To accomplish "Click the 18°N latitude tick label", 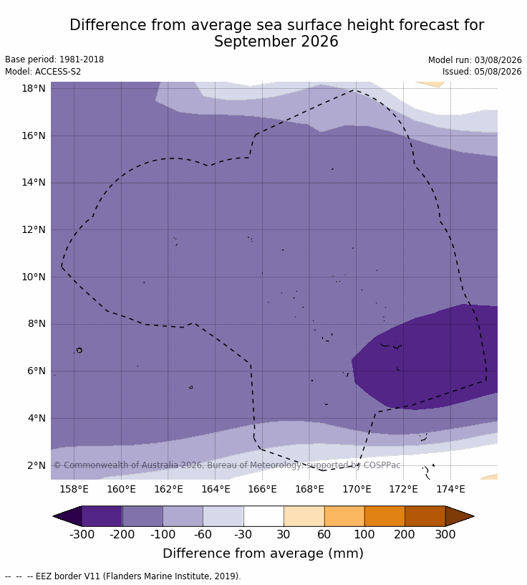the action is coord(34,88).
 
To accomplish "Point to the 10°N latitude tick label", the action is coord(34,277).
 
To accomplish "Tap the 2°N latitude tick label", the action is coord(37,465).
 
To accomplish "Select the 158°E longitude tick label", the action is coord(74,489).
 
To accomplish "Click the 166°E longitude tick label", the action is coord(262,489).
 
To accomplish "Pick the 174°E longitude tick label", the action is coord(450,489).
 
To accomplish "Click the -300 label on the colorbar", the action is coord(82,534).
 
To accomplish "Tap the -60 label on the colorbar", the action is coord(203,534).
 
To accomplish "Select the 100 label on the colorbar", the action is coord(364,534).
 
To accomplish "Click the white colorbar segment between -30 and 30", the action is coord(263,516).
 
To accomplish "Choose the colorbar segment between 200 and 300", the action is coord(425,516).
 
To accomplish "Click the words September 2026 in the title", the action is coord(276,41).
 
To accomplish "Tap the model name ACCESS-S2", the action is coord(58,72).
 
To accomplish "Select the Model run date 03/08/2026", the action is coord(498,60).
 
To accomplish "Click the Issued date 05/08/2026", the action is coord(498,72).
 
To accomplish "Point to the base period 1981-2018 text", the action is coord(82,60).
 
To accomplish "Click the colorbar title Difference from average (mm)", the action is coord(263,553).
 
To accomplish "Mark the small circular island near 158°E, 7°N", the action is coord(79,350).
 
